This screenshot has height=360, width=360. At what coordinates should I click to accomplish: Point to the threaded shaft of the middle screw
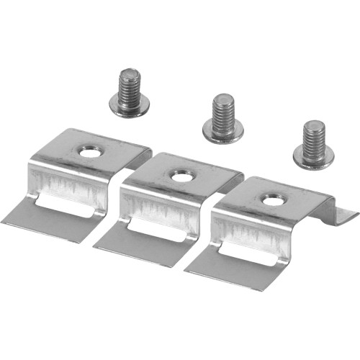point(223,109)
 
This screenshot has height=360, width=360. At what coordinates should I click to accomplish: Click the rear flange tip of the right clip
point(349,213)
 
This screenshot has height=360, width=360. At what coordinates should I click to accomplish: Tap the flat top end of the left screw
point(130,71)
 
